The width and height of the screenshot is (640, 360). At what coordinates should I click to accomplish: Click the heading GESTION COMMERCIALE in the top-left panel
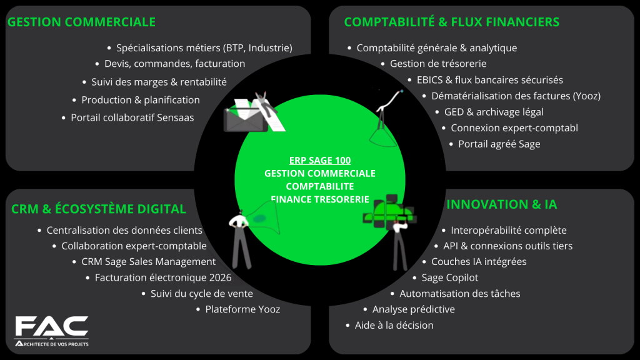coord(81,22)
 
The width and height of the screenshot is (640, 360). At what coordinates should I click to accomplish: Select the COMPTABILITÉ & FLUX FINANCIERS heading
coord(451,22)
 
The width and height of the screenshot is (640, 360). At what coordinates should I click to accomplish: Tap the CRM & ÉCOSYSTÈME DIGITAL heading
coord(99,209)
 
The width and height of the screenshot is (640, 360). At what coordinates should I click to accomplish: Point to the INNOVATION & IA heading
coord(501,204)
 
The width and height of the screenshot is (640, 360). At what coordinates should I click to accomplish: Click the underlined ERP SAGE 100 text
coord(320,160)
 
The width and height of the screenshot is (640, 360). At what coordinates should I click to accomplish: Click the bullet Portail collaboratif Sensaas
coord(132,117)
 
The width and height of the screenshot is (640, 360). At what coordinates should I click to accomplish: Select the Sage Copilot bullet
coord(449,277)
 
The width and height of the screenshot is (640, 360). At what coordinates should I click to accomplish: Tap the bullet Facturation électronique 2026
coord(162,277)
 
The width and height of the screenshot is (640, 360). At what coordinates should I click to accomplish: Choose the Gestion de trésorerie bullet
coord(437,64)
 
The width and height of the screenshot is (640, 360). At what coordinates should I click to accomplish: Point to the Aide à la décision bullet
coord(394,325)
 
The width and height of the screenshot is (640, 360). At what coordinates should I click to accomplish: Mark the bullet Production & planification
coord(140,100)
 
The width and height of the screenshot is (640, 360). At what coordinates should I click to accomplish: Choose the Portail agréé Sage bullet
coord(499,144)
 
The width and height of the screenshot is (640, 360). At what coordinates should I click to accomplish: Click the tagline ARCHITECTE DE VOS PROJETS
coord(52,344)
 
